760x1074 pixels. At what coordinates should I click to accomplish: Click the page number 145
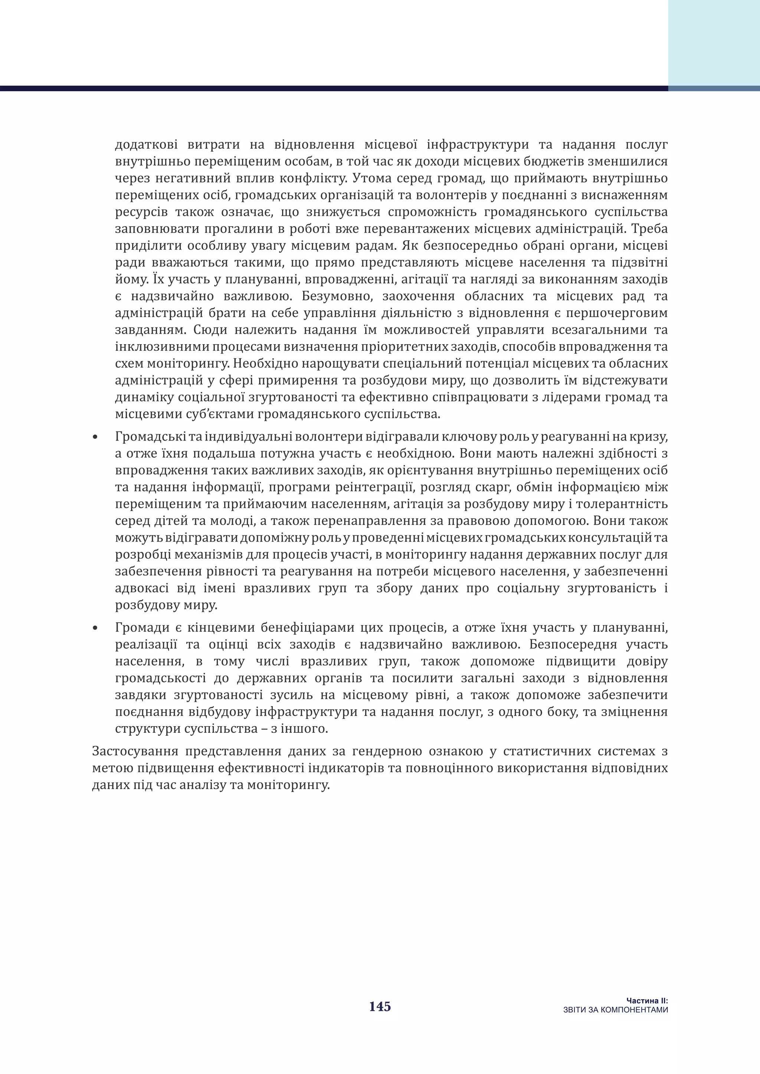coord(380,1007)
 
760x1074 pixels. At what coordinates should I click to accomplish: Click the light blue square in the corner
coord(714,43)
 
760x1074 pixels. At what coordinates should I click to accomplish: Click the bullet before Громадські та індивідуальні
coord(95,437)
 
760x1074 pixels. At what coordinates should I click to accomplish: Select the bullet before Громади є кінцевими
coord(95,628)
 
